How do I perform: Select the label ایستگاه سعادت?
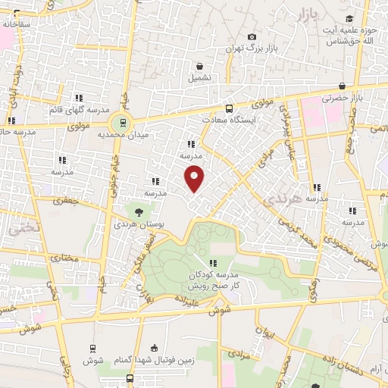pos(233,120)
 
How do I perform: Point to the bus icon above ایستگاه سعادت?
pos(230,108)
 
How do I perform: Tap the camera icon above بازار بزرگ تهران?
pos(251,36)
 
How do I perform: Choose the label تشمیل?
pos(201,77)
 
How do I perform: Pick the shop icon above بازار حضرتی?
pos(343,86)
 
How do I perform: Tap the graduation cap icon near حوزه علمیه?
pos(349,20)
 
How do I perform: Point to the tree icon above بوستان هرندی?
pos(138,212)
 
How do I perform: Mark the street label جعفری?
pos(64,202)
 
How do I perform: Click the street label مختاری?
pos(64,258)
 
